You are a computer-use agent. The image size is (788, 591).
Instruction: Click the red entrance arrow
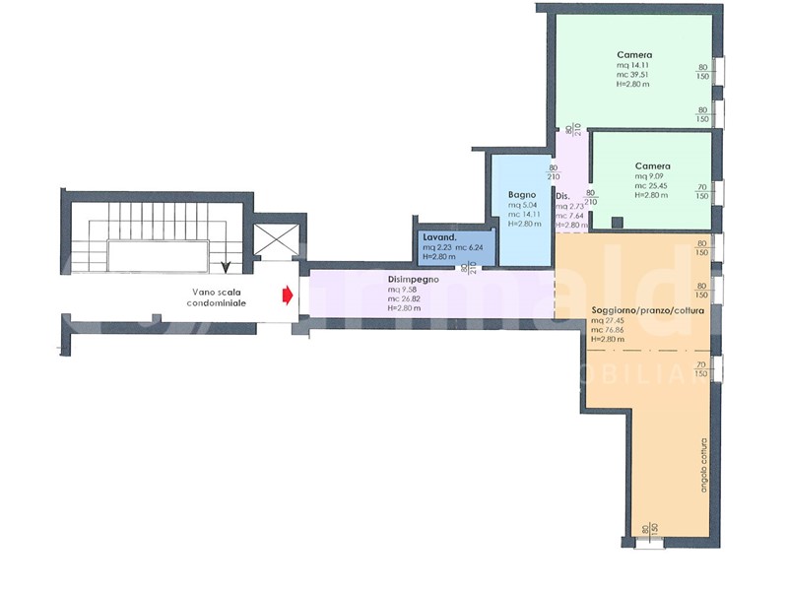pos(287,295)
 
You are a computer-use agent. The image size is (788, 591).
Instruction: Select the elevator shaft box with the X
pos(273,238)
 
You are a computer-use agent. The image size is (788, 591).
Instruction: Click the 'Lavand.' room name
pos(438,237)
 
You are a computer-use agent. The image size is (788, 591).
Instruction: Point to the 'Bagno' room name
pos(522,194)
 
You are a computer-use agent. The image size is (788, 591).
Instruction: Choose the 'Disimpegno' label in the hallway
pos(413,279)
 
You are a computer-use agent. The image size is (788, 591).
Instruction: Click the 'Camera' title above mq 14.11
pos(635,54)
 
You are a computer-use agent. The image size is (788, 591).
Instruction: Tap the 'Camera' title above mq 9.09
pos(652,165)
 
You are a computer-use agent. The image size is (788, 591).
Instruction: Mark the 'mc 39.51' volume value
pos(634,75)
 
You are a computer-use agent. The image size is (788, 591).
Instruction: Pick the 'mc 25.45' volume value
pos(652,185)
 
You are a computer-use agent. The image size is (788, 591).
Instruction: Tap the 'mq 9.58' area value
pos(405,290)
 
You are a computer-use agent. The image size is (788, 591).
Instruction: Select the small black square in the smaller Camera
pos(617,223)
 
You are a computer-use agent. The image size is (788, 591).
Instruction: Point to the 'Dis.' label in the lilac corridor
pos(563,196)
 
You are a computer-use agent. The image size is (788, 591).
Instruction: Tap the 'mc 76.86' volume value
pos(610,330)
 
